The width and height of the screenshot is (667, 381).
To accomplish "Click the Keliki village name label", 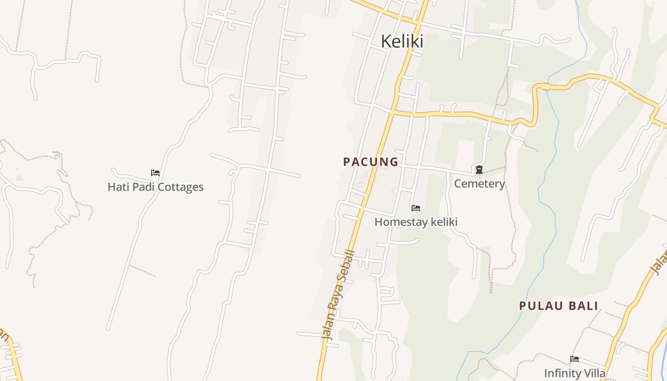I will (402, 41).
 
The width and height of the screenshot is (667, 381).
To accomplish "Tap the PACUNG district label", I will (371, 162).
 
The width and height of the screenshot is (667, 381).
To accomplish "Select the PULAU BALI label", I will (558, 306).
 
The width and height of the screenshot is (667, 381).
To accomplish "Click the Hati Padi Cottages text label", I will (155, 187).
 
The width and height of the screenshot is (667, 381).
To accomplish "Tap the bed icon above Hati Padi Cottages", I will (155, 173).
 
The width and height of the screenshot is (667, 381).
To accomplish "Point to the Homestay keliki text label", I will (416, 222).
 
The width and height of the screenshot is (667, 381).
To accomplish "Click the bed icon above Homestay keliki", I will (416, 208).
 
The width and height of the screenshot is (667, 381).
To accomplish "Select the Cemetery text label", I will (479, 184).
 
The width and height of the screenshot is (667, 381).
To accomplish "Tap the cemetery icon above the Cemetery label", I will (479, 170).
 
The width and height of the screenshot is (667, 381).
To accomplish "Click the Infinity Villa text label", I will (575, 373).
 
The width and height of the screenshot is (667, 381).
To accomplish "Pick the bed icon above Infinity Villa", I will (575, 359).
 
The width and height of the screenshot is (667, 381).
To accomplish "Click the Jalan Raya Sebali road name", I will (339, 294).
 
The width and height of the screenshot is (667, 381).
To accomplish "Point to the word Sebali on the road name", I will (347, 268).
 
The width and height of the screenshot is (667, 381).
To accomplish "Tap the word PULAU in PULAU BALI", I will (538, 306).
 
